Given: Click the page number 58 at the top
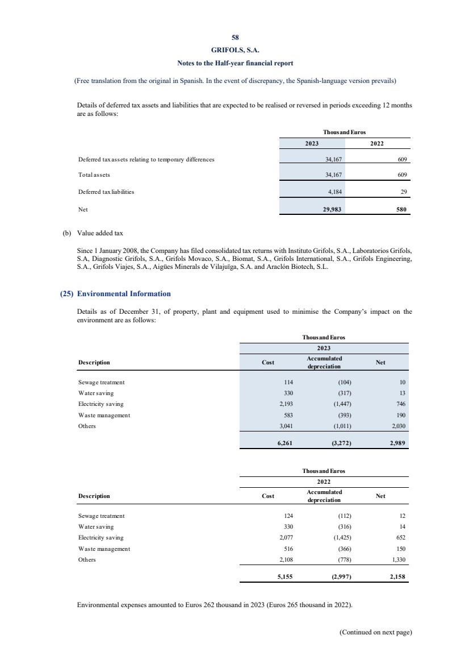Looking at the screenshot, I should click(235, 38).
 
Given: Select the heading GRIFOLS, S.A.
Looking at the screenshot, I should click(235, 50).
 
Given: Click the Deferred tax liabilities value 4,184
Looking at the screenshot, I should click(332, 192).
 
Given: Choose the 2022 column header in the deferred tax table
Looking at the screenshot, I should click(376, 144).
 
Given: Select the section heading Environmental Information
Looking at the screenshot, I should click(123, 294).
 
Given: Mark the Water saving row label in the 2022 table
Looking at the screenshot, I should click(95, 526).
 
